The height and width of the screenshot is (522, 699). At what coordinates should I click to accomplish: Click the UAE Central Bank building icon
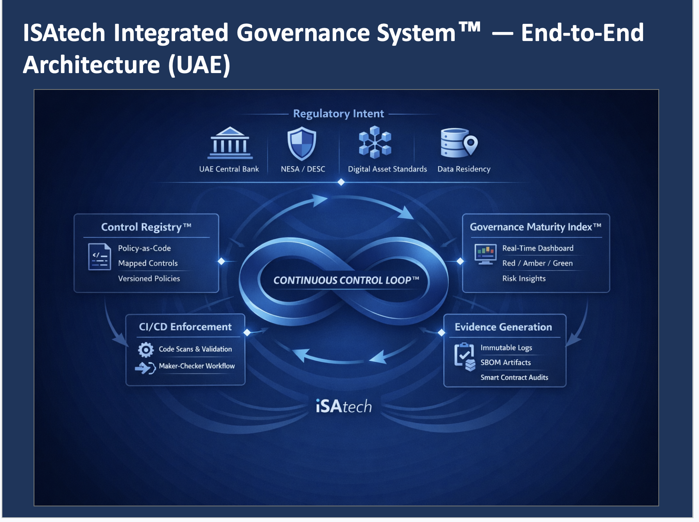(x=230, y=143)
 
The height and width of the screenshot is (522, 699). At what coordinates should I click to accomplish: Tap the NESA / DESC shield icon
(x=301, y=143)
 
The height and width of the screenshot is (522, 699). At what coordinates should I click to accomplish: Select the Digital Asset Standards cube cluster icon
(x=375, y=142)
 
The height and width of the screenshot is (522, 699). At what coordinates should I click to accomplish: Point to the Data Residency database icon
(x=459, y=143)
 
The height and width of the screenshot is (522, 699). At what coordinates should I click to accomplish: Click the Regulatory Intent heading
(x=339, y=114)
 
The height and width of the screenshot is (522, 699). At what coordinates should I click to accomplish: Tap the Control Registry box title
(x=146, y=227)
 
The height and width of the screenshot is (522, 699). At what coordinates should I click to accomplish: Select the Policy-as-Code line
(x=144, y=248)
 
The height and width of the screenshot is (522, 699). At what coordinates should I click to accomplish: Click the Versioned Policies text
(x=149, y=279)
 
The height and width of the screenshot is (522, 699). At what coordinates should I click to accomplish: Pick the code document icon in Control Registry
(x=100, y=257)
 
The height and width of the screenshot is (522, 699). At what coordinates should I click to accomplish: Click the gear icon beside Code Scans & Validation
(x=146, y=350)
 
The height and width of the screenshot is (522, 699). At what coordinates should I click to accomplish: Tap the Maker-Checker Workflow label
(x=197, y=366)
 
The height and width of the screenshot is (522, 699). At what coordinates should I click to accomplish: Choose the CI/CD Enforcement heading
(x=185, y=327)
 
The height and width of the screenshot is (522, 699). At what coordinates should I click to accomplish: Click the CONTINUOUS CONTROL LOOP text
(x=346, y=280)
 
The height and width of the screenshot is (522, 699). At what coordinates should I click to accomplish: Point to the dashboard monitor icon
(x=485, y=254)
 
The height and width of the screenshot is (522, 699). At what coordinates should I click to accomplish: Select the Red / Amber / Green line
(x=537, y=263)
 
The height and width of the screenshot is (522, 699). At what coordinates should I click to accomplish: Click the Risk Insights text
(x=524, y=279)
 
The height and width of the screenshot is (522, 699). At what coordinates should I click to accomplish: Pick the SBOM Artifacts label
(x=505, y=363)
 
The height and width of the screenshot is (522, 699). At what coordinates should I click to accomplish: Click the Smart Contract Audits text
(x=514, y=377)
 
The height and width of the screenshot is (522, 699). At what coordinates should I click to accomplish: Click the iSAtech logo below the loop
(x=344, y=406)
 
